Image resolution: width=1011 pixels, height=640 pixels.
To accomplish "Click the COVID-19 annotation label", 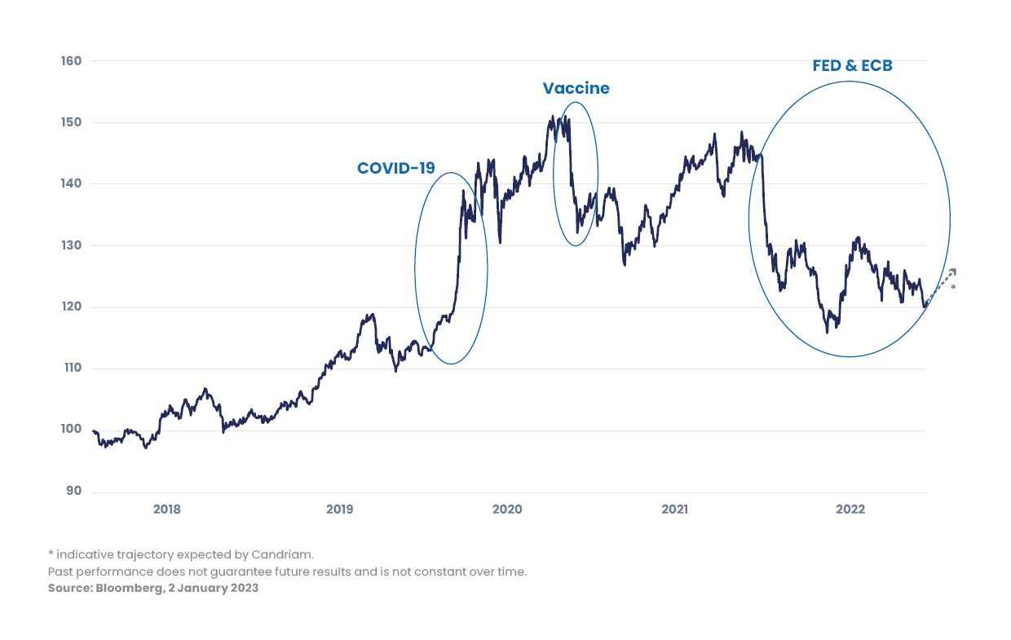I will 396,169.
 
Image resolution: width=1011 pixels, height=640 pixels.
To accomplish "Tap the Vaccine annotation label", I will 576,89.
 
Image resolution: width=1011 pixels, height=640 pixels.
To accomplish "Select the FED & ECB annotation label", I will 852,66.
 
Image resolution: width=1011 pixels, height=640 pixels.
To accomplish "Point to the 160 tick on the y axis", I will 71,61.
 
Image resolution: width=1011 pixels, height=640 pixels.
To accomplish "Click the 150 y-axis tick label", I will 71,122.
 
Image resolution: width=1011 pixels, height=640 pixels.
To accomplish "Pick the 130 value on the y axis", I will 71,245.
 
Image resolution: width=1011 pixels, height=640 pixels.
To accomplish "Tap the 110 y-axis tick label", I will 71,369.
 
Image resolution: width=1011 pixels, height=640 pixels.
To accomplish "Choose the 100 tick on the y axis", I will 71,430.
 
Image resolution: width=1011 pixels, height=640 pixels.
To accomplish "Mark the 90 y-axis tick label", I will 73,491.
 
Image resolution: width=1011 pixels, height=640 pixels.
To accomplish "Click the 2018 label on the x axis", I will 167,510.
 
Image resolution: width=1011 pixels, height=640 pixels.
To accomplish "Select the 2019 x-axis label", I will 339,510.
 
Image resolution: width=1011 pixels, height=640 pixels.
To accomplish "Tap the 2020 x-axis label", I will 507,510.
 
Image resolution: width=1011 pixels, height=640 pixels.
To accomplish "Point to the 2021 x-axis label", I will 675,510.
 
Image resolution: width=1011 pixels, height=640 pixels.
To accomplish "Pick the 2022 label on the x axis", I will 850,510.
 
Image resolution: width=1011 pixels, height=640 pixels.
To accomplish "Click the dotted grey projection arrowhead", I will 951,272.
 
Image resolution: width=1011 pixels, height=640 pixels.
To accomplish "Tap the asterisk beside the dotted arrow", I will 953,288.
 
